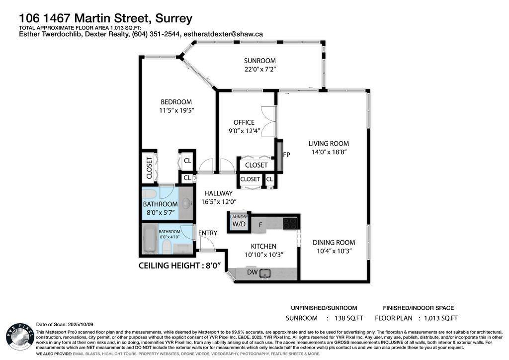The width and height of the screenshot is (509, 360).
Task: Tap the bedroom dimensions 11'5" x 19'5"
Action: click(x=172, y=110)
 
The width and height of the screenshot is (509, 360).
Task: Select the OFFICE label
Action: click(x=244, y=122)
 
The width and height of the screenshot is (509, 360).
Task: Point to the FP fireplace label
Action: click(x=286, y=155)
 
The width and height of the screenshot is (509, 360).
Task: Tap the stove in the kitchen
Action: click(x=290, y=224)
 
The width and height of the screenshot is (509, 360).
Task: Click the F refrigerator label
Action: click(x=260, y=225)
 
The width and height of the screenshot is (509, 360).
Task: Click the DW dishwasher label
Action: click(x=253, y=272)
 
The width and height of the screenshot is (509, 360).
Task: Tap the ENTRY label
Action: click(x=207, y=233)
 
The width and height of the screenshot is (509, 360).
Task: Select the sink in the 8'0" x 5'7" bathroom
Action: click(x=185, y=203)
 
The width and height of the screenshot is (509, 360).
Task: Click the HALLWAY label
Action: click(x=217, y=193)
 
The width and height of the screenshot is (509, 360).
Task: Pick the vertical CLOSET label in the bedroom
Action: click(x=149, y=168)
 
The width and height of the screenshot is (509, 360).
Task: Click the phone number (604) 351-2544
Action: click(x=156, y=34)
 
